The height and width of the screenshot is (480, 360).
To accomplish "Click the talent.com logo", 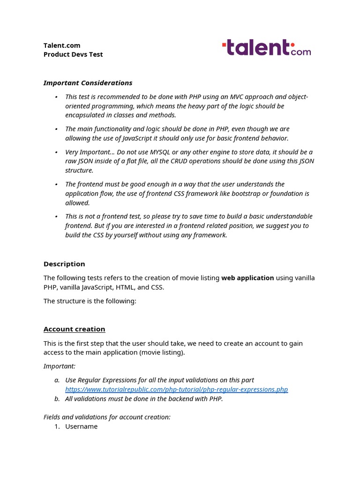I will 266,48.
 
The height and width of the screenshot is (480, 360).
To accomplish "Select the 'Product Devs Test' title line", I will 73,54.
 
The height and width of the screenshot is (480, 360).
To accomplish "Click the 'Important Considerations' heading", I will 88,83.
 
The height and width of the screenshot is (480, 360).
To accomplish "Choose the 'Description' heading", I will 64,264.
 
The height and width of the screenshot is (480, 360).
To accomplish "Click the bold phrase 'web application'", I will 247,278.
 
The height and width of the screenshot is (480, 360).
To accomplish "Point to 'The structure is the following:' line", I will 90,301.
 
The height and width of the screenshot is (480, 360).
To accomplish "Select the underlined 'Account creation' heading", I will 74,329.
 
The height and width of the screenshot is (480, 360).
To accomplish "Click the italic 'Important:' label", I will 59,366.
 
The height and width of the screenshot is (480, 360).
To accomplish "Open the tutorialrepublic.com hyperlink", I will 176,390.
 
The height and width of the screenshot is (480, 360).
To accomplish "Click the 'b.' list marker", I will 57,399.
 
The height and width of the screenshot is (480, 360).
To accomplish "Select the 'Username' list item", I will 81,427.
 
